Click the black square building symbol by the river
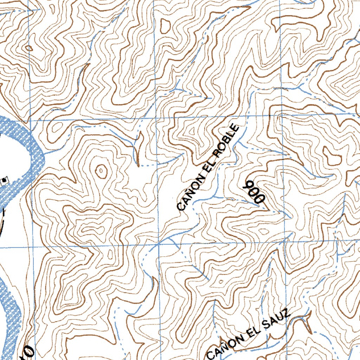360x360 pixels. pyautogui.click(x=4, y=180)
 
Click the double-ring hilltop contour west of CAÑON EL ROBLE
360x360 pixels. pyautogui.click(x=101, y=171)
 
